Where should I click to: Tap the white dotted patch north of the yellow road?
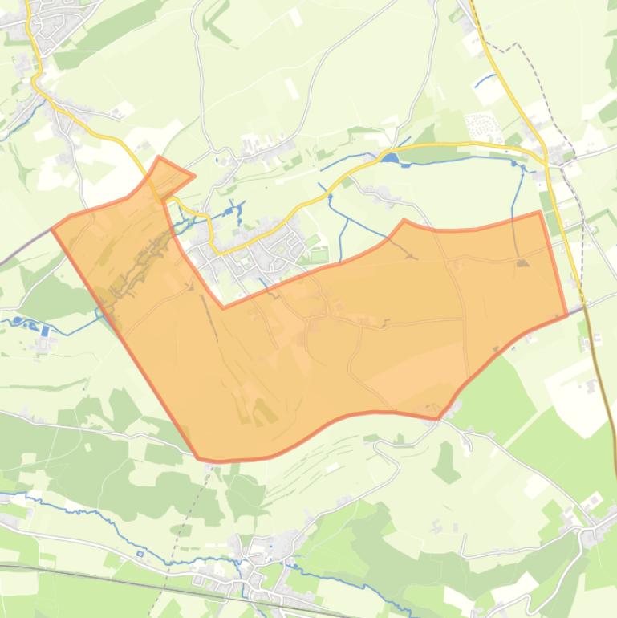pos(482,124)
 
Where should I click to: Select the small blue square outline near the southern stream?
pos(140,553)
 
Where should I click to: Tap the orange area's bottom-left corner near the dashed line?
pos(200,458)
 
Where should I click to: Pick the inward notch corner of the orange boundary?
pos(223,307)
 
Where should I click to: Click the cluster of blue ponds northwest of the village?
pos(233,213)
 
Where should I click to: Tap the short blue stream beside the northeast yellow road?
pos(484,80)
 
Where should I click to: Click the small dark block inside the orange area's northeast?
pos(522,262)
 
